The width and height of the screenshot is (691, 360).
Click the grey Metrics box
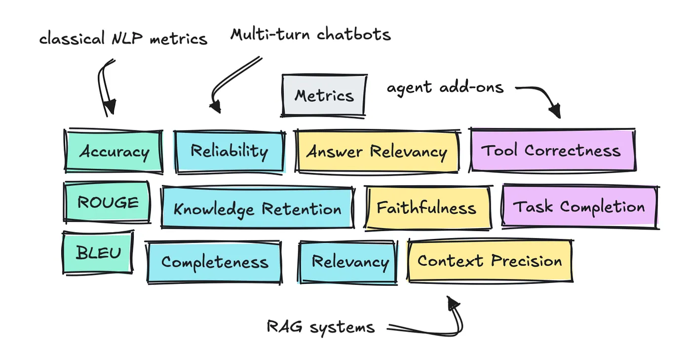click(x=324, y=95)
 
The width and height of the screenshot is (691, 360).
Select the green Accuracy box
click(x=114, y=152)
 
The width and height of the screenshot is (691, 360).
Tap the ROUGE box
click(x=107, y=202)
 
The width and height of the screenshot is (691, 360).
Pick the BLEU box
click(x=98, y=253)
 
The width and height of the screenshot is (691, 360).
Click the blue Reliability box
click(x=230, y=151)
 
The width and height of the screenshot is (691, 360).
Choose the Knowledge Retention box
click(x=257, y=208)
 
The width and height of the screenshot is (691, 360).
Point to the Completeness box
click(x=215, y=262)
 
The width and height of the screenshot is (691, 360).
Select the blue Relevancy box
click(x=348, y=261)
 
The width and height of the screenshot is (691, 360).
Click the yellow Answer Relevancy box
click(x=377, y=151)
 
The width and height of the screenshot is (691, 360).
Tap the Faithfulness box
click(x=427, y=208)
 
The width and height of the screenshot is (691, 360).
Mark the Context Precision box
click(x=490, y=260)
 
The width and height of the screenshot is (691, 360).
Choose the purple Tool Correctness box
click(x=552, y=150)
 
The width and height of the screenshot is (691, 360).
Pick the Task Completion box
click(x=579, y=207)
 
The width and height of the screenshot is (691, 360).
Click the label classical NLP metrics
click(x=123, y=39)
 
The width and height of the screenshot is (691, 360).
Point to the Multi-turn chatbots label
click(x=311, y=35)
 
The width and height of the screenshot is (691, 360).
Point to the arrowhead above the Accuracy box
click(x=110, y=107)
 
